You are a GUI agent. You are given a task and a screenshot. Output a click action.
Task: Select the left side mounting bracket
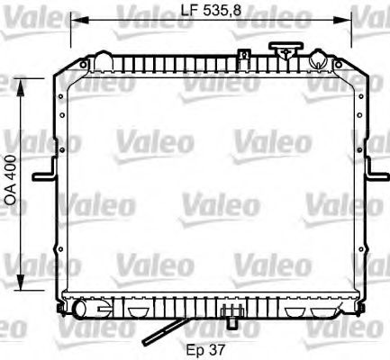(x=42, y=175)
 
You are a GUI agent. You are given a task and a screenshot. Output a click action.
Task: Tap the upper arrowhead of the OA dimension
(x=23, y=75)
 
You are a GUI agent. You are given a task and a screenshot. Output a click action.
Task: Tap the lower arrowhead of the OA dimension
(x=23, y=293)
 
